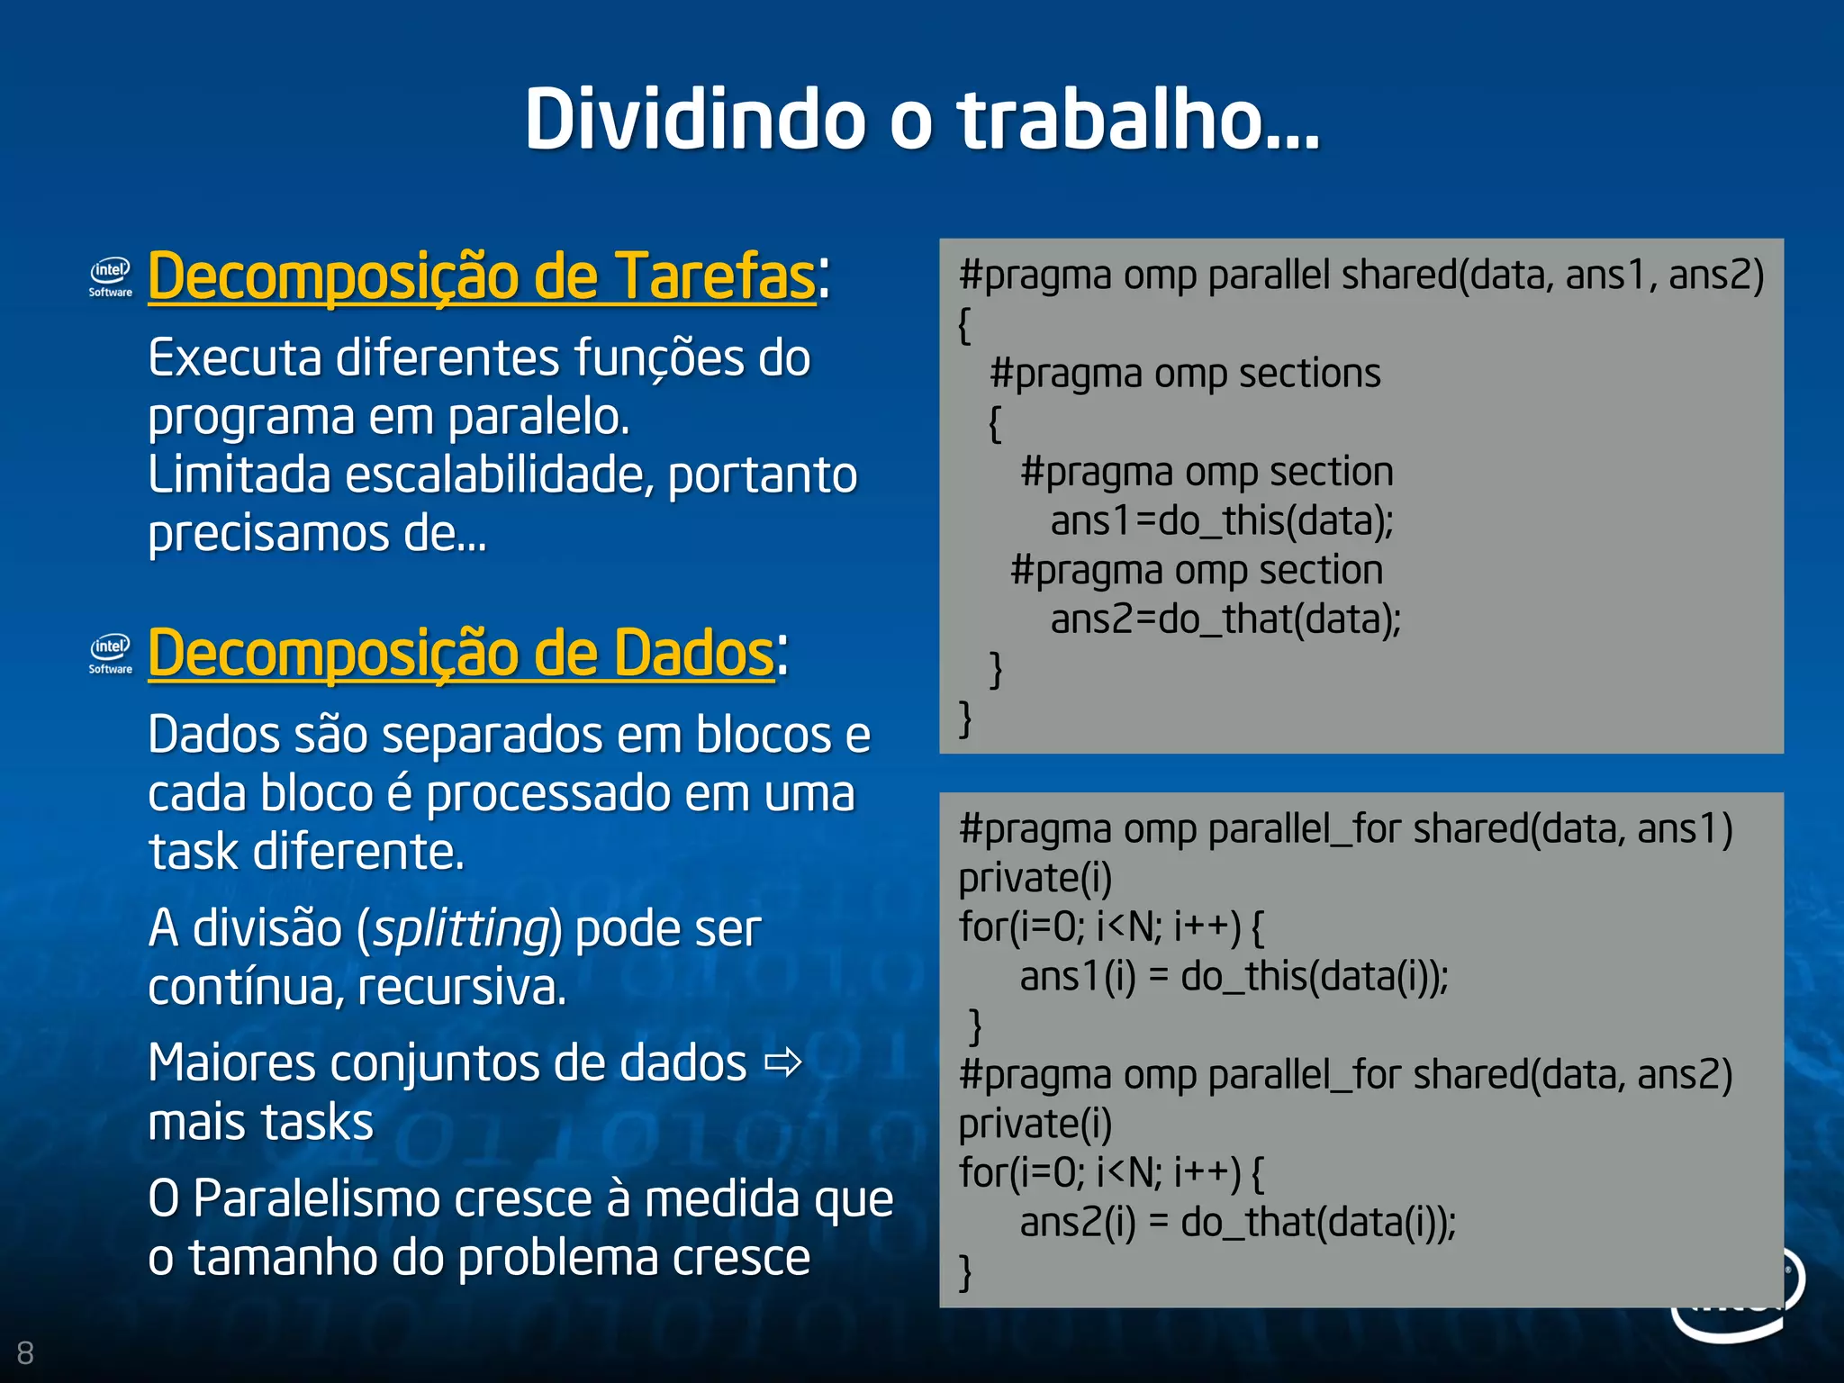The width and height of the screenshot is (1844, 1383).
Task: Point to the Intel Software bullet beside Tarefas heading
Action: pyautogui.click(x=111, y=276)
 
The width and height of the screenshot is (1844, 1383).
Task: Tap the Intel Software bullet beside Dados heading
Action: pyautogui.click(x=111, y=654)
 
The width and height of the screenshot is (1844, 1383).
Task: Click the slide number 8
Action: pyautogui.click(x=25, y=1352)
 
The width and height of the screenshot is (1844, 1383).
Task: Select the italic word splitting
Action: pyautogui.click(x=462, y=928)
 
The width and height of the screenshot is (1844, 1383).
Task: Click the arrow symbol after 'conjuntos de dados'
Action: pyautogui.click(x=782, y=1063)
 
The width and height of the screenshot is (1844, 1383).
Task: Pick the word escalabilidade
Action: pyautogui.click(x=500, y=475)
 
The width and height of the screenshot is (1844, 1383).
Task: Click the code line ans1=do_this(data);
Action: pyautogui.click(x=1222, y=521)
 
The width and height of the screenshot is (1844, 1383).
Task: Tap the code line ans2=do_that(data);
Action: pyautogui.click(x=1225, y=619)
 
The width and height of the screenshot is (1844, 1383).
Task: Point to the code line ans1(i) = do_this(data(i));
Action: pyautogui.click(x=1234, y=976)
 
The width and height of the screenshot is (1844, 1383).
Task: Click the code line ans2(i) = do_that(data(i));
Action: pyautogui.click(x=1237, y=1222)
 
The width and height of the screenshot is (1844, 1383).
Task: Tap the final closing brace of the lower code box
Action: pyautogui.click(x=965, y=1271)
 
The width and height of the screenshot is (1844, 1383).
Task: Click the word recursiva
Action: pyautogui.click(x=462, y=988)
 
